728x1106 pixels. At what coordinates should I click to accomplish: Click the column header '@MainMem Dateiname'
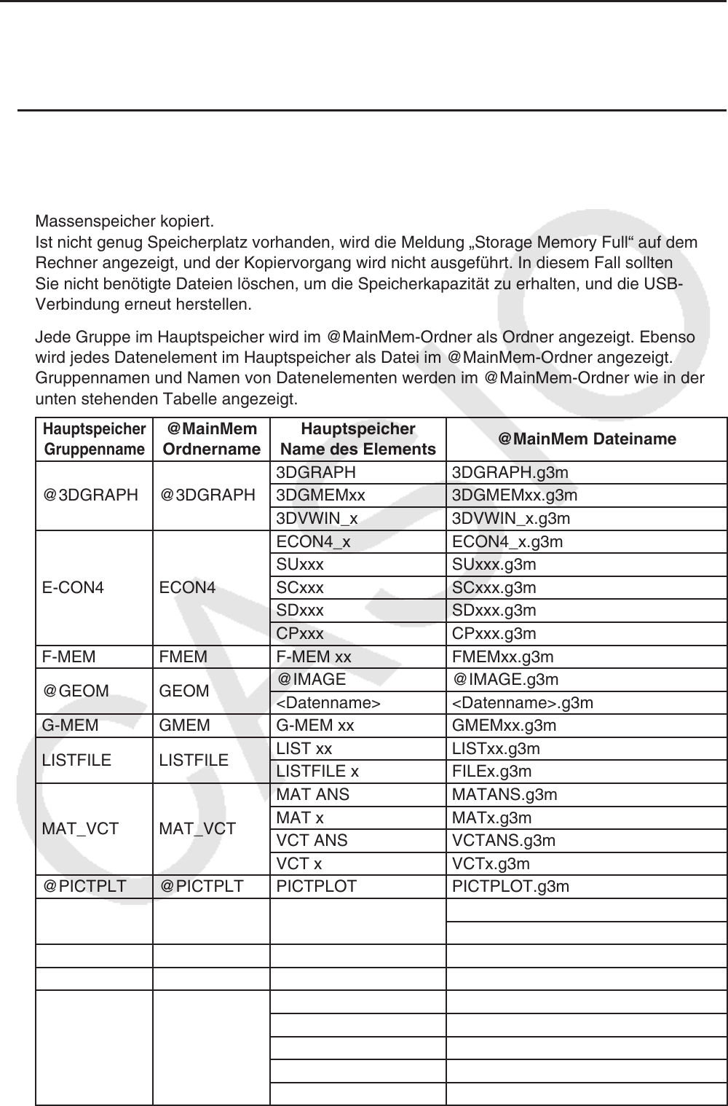[587, 439]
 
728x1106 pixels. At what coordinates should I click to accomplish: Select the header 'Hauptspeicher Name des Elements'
[357, 439]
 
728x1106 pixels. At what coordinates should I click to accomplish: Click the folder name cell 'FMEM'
[183, 657]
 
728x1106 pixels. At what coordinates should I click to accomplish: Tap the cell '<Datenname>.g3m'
[523, 703]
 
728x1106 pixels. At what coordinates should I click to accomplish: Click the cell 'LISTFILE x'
[317, 772]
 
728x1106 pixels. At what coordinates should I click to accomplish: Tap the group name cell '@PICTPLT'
[84, 887]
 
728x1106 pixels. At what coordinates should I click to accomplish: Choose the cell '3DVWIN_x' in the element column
[317, 519]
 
